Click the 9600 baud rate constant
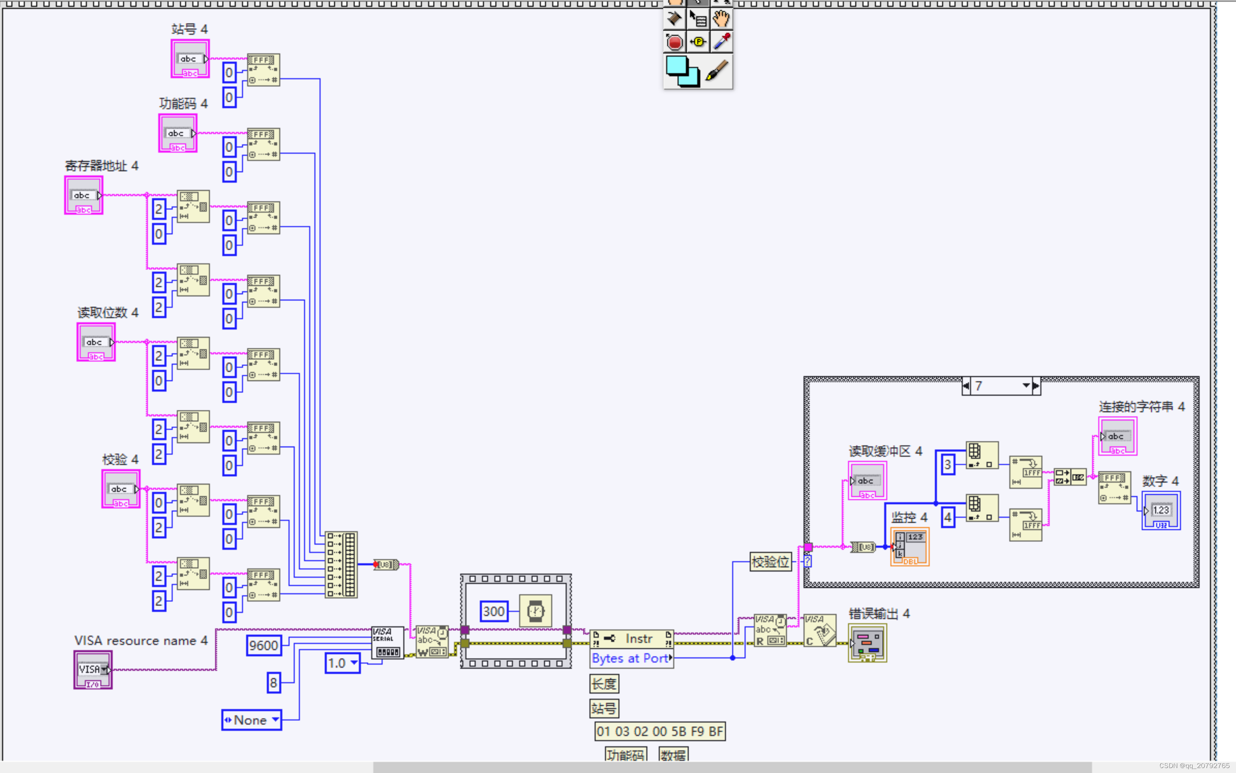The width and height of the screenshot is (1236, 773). tap(263, 645)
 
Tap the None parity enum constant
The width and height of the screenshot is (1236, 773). tap(251, 720)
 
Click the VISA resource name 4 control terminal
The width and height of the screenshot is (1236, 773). tap(93, 669)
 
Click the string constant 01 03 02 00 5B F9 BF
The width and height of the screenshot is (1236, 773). tap(659, 732)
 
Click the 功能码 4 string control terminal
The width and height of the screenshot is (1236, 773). tap(177, 134)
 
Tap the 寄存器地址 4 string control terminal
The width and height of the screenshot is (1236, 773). tap(83, 195)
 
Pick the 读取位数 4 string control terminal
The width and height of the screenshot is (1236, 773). tap(96, 342)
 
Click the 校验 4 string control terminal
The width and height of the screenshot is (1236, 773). tap(121, 489)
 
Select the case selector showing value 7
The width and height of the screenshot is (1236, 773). tap(1000, 386)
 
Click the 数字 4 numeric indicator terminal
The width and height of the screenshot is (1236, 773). tap(1161, 511)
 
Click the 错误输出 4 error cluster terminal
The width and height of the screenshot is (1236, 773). tap(867, 643)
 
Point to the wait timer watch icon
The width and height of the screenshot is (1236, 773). tap(535, 611)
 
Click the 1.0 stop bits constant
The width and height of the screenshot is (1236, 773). tap(342, 663)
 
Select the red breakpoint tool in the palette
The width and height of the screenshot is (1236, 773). tap(674, 42)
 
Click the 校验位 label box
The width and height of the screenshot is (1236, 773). tap(770, 562)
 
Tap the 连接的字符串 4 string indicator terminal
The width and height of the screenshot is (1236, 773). tap(1117, 436)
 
